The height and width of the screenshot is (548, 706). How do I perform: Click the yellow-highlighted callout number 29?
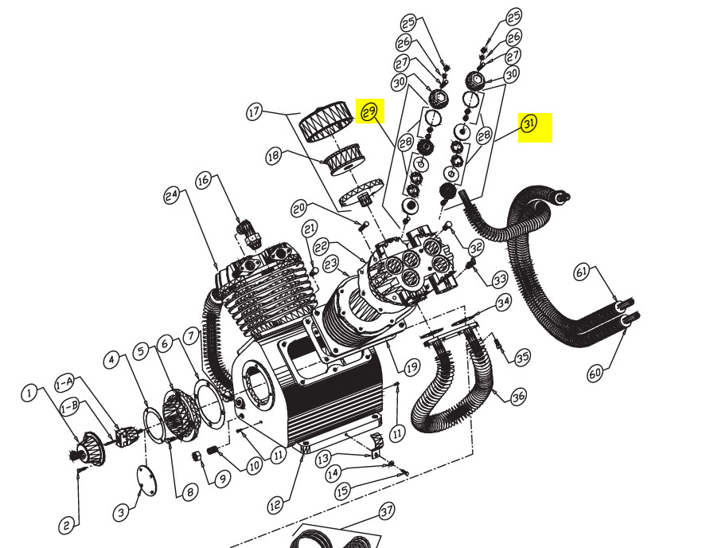coord(369,112)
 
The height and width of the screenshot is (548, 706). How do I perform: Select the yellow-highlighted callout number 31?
coord(529,123)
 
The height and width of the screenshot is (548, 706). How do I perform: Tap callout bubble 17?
coord(254,112)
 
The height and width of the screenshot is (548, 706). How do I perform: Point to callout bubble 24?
coord(170,194)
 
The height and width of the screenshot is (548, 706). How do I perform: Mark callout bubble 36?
coord(518,396)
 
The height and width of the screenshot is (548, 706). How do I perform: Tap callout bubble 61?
coord(583,273)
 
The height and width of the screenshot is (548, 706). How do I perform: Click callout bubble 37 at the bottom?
coord(387,510)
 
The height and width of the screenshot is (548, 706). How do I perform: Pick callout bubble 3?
coord(121,512)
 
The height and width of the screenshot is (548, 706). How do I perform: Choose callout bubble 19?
coord(411,368)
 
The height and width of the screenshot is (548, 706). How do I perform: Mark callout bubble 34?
coord(503,303)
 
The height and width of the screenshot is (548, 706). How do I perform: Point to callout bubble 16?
coord(204,181)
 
